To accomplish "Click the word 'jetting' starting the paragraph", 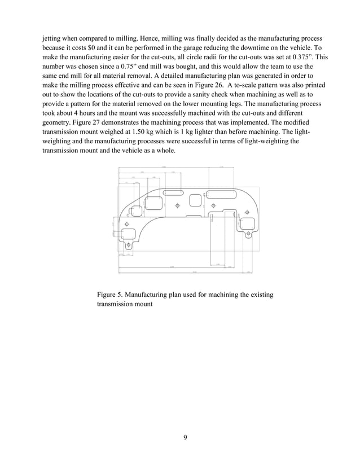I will tap(52, 38).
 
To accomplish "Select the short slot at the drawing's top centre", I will tap(172, 193).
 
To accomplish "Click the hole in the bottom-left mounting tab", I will tap(129, 245).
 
